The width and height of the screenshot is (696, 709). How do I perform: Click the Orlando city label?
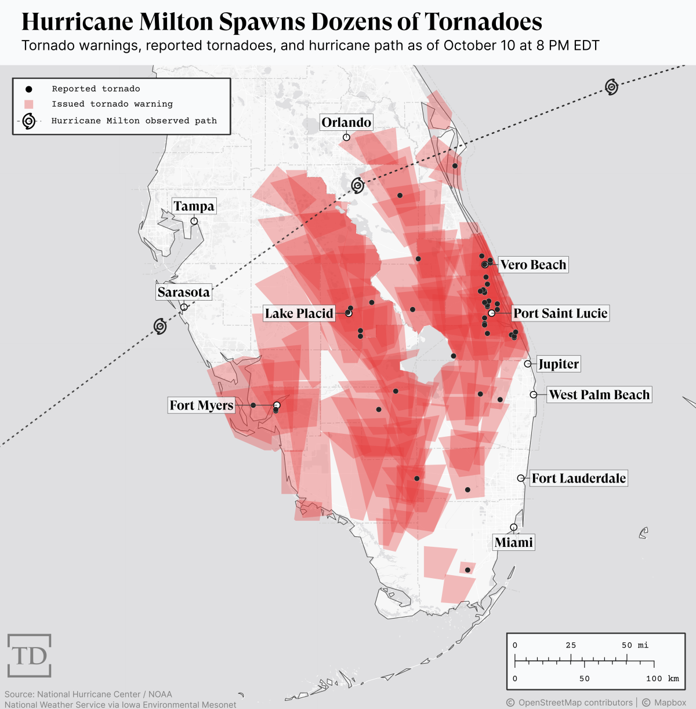pos(346,122)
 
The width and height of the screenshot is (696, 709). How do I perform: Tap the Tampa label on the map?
pos(194,206)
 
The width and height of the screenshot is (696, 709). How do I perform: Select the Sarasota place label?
pos(183,292)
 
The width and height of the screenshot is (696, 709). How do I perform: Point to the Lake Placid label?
pos(299,313)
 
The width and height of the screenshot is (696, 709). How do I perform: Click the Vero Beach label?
pos(533,265)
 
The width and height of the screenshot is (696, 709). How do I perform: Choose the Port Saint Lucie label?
pos(560,313)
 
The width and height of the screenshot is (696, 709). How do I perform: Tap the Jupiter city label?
pos(558,364)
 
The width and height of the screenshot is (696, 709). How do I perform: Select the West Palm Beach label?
pos(599,394)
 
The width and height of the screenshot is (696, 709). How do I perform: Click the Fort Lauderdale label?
pos(578,478)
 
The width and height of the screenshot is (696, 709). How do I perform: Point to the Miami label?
pos(513,542)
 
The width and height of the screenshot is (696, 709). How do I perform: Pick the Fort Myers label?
pos(201,405)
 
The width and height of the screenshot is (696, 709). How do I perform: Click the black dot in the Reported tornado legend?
pos(28,89)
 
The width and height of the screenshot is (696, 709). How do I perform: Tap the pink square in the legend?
pos(28,104)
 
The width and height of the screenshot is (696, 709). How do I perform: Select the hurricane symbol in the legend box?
pos(28,121)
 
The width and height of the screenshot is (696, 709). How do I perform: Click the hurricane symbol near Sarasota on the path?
pos(160,326)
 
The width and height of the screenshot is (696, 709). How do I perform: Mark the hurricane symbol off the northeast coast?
pos(611,87)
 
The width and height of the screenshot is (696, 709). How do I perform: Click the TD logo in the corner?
pos(29,656)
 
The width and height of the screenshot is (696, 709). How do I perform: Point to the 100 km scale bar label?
pos(662,678)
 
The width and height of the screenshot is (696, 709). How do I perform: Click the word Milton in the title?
pos(176,22)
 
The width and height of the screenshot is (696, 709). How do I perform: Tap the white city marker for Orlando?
pos(346,137)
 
